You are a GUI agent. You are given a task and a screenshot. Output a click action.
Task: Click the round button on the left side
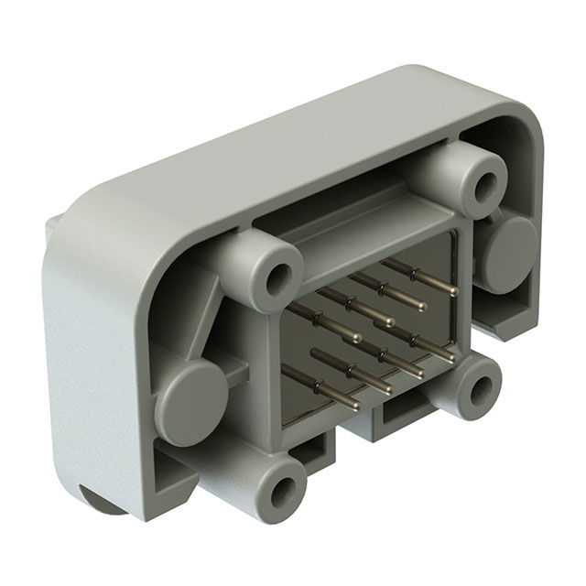[x=190, y=401]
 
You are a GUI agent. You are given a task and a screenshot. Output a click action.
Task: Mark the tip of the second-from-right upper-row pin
[x=422, y=307]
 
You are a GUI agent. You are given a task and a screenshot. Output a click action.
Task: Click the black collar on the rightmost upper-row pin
[x=416, y=274]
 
